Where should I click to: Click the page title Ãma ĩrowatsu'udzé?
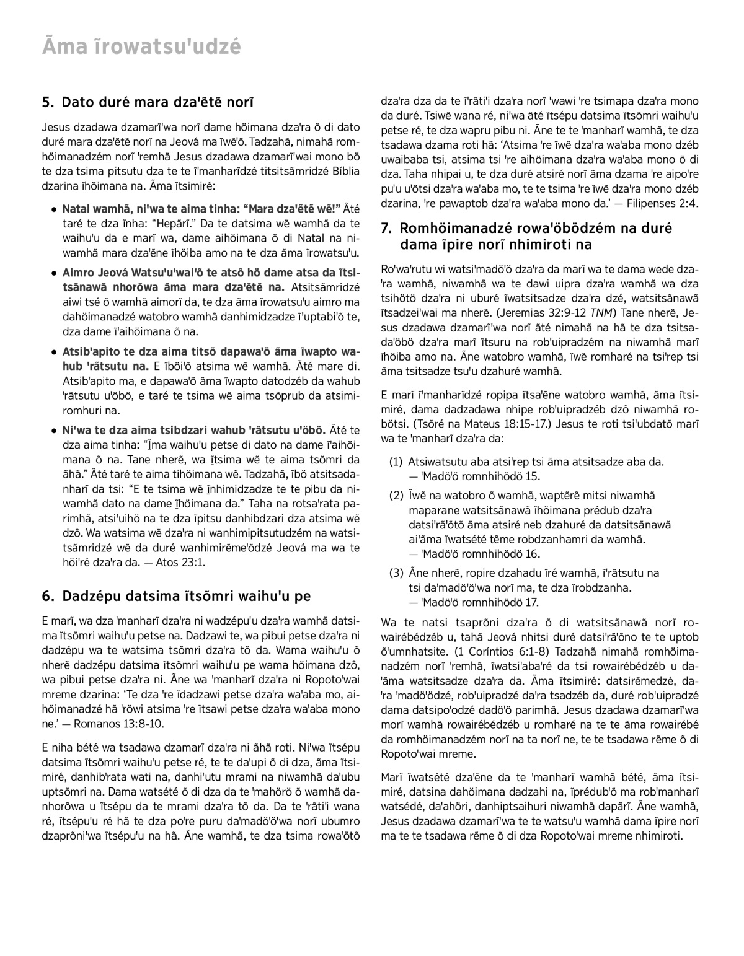[x=141, y=47]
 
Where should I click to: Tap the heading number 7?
[x=386, y=229]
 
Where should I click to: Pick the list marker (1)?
[x=396, y=462]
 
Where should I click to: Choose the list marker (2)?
[x=396, y=495]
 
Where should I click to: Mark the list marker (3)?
[x=396, y=573]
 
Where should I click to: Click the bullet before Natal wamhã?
[x=55, y=209]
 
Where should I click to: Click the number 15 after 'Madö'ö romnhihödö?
[x=532, y=476]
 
